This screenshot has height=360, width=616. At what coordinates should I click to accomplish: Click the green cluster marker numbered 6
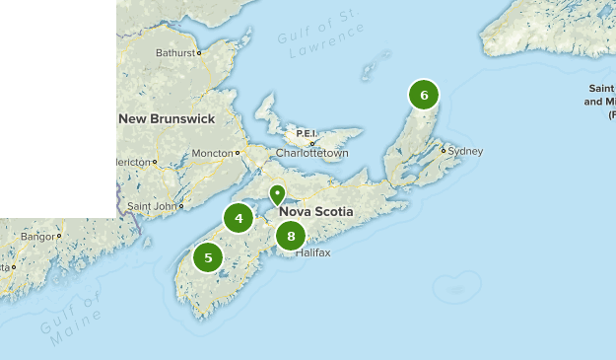424,95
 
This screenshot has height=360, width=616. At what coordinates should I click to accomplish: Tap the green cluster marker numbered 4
239,218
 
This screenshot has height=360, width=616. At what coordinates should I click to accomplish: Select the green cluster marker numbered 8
291,236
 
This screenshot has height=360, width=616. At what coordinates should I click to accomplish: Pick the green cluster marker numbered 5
208,258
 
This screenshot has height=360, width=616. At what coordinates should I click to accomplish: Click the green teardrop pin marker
278,194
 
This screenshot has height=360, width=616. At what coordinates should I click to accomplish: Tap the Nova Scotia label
316,212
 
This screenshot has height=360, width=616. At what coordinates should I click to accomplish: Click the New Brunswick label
167,118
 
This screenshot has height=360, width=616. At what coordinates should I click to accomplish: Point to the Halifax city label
312,252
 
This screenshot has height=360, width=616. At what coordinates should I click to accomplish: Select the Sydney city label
465,151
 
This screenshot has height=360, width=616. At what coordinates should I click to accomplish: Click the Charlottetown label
312,154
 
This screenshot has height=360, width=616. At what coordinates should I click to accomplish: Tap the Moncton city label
211,154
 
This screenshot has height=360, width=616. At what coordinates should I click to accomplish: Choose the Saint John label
152,206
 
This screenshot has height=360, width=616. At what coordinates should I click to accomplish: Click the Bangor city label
38,237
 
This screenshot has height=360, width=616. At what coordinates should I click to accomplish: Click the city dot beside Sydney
445,151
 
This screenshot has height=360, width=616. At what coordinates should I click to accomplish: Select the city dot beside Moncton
238,153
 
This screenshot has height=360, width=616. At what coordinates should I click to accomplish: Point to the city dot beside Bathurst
199,53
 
